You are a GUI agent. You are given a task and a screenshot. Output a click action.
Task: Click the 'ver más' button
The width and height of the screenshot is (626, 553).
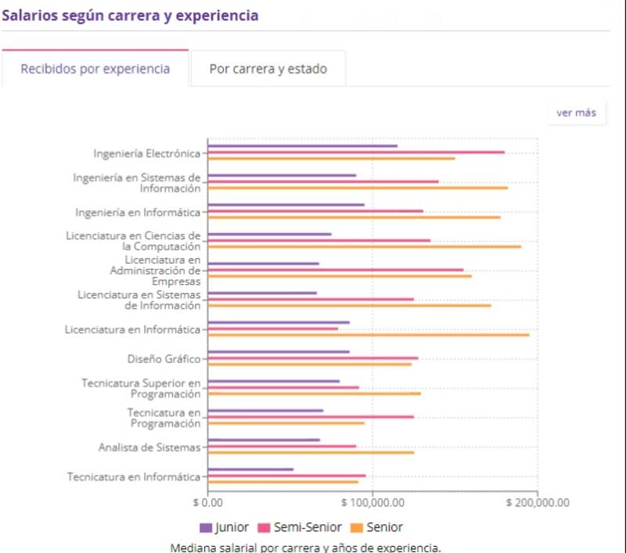[x=576, y=113]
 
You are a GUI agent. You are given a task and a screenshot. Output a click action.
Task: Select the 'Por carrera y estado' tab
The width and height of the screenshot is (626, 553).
[x=268, y=69]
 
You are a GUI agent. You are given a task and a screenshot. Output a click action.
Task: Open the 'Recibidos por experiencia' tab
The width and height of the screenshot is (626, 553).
[x=95, y=69]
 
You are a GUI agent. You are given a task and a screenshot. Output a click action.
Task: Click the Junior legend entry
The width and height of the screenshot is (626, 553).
[x=225, y=527]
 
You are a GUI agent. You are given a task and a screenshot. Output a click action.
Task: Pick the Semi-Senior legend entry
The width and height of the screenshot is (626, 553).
[x=300, y=527]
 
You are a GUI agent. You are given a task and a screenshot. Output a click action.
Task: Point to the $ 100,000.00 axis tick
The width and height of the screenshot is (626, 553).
[x=372, y=502]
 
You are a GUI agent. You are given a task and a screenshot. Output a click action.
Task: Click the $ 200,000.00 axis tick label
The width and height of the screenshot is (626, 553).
[x=538, y=502]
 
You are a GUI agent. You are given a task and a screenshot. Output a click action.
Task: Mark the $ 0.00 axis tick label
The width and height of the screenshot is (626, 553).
[x=207, y=502]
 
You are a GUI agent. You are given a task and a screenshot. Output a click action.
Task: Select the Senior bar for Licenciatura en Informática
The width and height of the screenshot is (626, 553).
[x=368, y=335]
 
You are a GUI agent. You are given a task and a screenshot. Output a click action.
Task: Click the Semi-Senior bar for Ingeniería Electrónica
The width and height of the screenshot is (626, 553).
[x=356, y=153]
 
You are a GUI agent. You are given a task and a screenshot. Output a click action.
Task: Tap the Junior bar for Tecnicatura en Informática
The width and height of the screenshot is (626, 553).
[x=250, y=469]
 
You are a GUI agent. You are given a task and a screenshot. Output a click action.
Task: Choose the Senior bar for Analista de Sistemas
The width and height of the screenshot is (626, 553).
[x=311, y=452]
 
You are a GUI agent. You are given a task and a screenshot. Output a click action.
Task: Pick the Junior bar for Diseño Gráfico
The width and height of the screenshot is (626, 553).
[x=279, y=352]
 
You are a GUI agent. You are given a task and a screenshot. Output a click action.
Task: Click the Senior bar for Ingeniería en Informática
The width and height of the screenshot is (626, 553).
[x=354, y=217]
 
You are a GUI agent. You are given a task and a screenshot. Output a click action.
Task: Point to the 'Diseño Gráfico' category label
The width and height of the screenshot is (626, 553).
[x=164, y=359]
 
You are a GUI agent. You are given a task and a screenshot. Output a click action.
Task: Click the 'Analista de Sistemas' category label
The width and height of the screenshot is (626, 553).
[x=149, y=447]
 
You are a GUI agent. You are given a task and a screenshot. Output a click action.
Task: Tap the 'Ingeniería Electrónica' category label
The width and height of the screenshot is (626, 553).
[x=147, y=153]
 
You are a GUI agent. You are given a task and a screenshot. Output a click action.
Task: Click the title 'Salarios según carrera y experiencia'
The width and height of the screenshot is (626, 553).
[x=130, y=15]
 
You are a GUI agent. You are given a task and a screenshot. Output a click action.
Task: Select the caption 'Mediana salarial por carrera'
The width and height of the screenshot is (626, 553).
[x=305, y=547]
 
